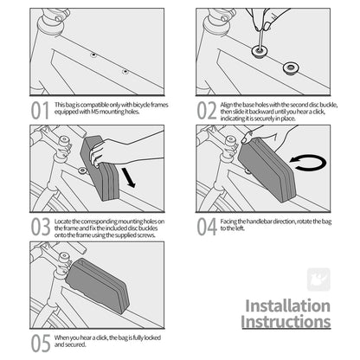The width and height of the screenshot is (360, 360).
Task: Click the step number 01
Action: (40, 111)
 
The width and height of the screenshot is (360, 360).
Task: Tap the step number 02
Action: (207, 111)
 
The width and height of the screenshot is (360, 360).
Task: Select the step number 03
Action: (41, 227)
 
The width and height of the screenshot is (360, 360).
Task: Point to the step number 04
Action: (207, 227)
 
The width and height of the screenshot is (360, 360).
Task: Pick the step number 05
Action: (41, 344)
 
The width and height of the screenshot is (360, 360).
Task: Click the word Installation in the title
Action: (288, 305)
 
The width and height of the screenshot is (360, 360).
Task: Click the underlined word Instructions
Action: (286, 322)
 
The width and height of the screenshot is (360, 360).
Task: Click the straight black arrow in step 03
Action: (128, 177)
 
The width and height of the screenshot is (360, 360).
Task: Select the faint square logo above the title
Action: (318, 280)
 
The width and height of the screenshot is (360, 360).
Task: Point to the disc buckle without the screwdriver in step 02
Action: (291, 68)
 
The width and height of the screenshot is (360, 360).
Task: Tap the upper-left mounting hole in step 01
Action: (93, 55)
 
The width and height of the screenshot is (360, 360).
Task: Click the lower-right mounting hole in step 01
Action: (125, 71)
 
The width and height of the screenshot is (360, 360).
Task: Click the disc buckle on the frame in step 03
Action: (82, 170)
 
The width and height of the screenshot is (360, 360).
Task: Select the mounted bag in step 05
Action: (98, 286)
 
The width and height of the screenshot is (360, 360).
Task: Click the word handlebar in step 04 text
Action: (255, 222)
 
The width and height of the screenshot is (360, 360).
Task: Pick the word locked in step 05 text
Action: (152, 337)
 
